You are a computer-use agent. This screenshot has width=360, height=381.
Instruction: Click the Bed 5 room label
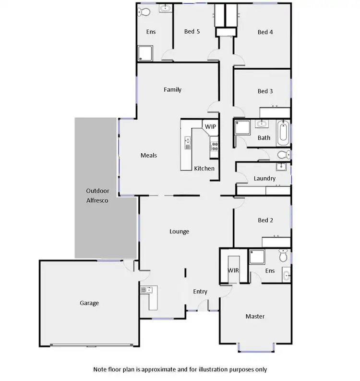(192, 32)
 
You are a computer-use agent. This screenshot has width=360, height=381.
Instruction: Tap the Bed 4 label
(265, 32)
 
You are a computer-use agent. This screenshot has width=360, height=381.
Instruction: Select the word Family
(172, 89)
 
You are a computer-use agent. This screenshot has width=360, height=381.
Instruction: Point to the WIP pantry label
(210, 126)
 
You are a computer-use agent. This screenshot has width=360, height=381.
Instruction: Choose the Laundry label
(264, 178)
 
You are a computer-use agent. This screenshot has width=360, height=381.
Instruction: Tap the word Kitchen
(204, 168)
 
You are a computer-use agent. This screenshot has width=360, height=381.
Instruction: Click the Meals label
(149, 155)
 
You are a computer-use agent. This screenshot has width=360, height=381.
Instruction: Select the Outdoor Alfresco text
(97, 196)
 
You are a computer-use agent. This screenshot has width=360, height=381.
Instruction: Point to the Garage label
(89, 303)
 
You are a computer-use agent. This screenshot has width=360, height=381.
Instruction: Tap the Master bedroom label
(255, 316)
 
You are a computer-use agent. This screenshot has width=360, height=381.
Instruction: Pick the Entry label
(200, 292)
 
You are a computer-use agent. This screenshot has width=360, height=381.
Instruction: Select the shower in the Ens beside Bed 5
(145, 53)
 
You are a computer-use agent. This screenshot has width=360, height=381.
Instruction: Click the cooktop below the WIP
(214, 144)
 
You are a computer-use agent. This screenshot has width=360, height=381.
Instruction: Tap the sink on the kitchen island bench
(188, 142)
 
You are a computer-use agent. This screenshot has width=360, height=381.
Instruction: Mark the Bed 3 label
(265, 91)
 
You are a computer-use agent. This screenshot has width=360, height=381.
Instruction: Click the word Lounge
(179, 231)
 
